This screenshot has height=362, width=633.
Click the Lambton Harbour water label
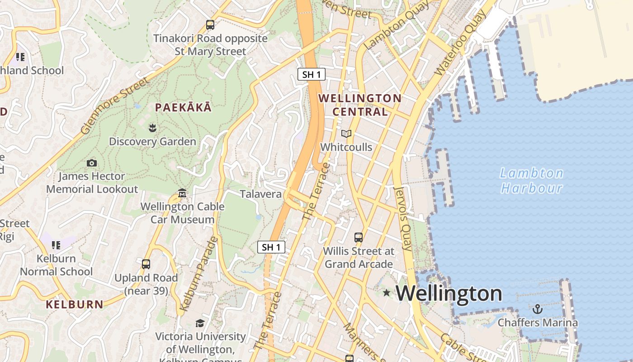click(531, 181)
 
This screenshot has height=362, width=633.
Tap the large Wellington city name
click(449, 294)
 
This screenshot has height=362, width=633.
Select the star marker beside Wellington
click(386, 293)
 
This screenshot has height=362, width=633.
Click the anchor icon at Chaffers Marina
click(538, 309)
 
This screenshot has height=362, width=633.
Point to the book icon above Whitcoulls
click(346, 134)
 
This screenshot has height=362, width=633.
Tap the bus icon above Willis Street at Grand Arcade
click(359, 237)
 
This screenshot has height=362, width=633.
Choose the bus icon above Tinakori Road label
click(210, 25)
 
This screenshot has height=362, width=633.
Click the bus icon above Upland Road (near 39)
click(146, 264)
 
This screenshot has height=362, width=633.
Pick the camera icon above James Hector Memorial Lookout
click(92, 163)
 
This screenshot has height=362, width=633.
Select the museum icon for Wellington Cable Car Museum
click(182, 193)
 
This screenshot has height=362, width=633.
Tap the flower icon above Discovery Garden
click(152, 128)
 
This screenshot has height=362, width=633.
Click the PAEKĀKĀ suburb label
click(183, 108)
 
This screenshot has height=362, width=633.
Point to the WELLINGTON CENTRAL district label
click(360, 105)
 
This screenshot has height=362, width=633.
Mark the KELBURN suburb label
click(75, 304)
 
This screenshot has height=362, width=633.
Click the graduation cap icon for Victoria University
click(199, 323)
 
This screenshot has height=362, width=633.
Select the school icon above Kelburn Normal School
click(56, 245)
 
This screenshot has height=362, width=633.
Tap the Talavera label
click(260, 194)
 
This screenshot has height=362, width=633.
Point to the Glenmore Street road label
click(115, 106)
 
